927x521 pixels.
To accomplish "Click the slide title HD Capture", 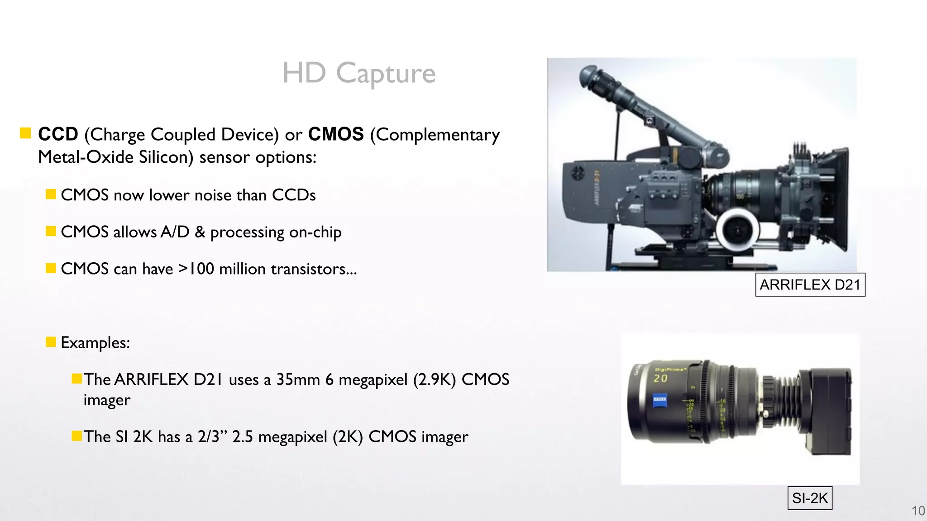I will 358,73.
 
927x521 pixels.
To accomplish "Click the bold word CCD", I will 58,134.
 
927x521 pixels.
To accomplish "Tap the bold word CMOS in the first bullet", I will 336,134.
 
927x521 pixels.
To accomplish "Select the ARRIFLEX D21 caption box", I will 810,284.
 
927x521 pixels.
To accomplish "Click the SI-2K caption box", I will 810,498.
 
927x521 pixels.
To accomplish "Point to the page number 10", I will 918,511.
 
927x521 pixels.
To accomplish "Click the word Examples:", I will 96,342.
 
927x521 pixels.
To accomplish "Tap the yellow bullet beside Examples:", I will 51,341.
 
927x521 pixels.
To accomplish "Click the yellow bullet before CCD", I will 25,133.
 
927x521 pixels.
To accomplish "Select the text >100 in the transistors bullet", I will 196,269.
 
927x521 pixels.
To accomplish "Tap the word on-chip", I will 315,232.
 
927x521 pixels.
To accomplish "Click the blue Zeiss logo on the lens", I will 659,401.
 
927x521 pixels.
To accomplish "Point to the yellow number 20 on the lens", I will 660,378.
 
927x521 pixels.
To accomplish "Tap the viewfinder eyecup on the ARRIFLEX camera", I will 588,75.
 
